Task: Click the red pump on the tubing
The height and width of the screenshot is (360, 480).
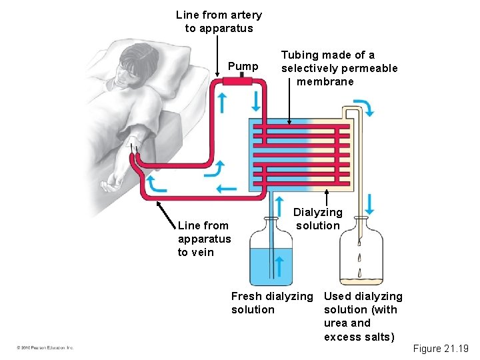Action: (237, 81)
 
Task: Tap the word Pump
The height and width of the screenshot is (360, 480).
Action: (243, 66)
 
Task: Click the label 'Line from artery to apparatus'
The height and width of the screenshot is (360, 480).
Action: (219, 21)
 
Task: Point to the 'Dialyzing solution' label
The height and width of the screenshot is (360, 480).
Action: (317, 219)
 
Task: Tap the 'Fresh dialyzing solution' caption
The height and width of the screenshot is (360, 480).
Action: (271, 303)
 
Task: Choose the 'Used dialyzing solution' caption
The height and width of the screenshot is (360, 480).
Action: (363, 316)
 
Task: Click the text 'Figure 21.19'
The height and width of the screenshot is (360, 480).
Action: (441, 349)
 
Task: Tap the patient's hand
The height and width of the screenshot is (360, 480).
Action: (109, 181)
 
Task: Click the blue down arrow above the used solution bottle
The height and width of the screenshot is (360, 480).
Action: (370, 203)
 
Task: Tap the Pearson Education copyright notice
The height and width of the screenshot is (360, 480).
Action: (45, 348)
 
